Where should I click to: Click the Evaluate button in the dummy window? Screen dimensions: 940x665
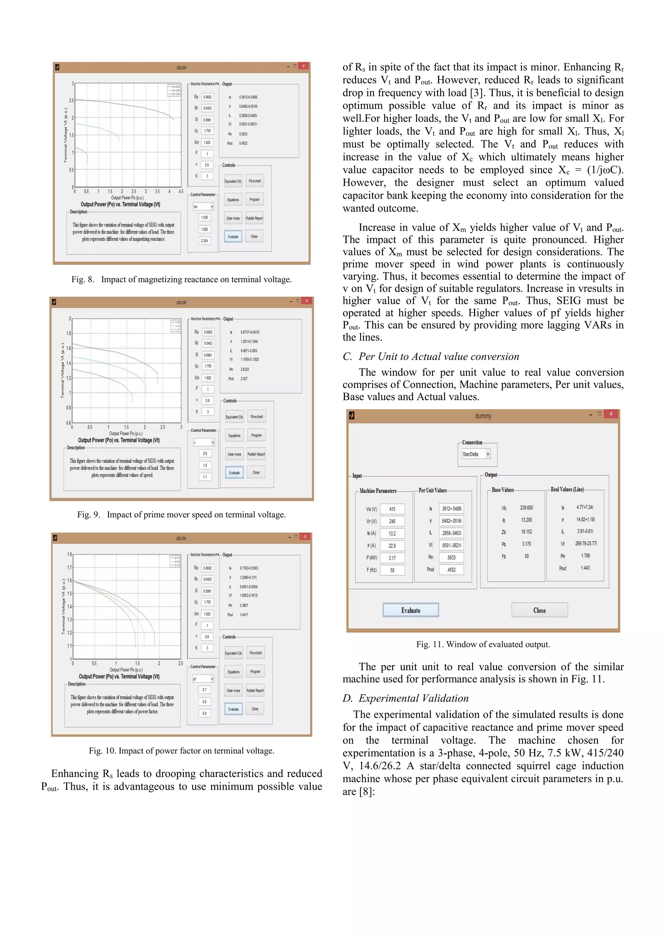[411, 610]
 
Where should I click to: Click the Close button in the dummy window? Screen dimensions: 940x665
[539, 610]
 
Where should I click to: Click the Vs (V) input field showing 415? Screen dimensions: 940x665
[392, 509]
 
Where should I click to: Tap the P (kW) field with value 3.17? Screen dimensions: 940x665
[392, 558]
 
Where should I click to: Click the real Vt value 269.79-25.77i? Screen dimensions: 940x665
[585, 543]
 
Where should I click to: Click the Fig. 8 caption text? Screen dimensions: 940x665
[182, 280]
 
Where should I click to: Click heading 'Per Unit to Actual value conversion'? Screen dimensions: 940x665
[439, 357]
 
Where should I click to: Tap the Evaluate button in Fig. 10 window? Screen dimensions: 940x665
[233, 709]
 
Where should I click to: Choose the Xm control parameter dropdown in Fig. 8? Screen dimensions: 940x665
[203, 207]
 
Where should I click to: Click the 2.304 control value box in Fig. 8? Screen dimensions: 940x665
[204, 241]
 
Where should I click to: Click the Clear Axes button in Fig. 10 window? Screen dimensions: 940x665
[233, 690]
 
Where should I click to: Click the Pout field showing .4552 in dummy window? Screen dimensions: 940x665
[451, 570]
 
